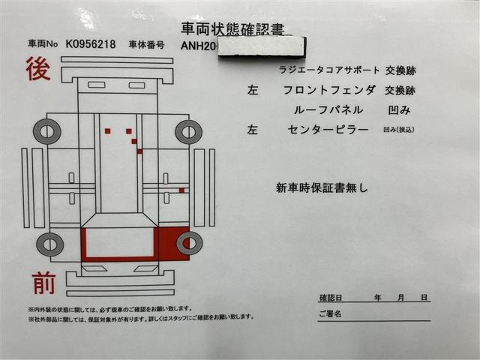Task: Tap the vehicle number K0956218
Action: click(x=91, y=44)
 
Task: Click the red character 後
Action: click(x=38, y=69)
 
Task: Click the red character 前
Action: click(x=43, y=283)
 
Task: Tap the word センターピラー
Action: click(x=328, y=130)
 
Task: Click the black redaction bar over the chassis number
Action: click(x=262, y=47)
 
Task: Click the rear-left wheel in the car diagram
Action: click(x=46, y=132)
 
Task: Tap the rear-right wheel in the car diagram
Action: click(x=188, y=132)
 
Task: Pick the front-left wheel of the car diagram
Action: click(x=49, y=244)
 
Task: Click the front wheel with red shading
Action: click(x=189, y=243)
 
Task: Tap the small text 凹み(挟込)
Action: click(x=398, y=130)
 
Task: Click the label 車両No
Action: click(x=42, y=44)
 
